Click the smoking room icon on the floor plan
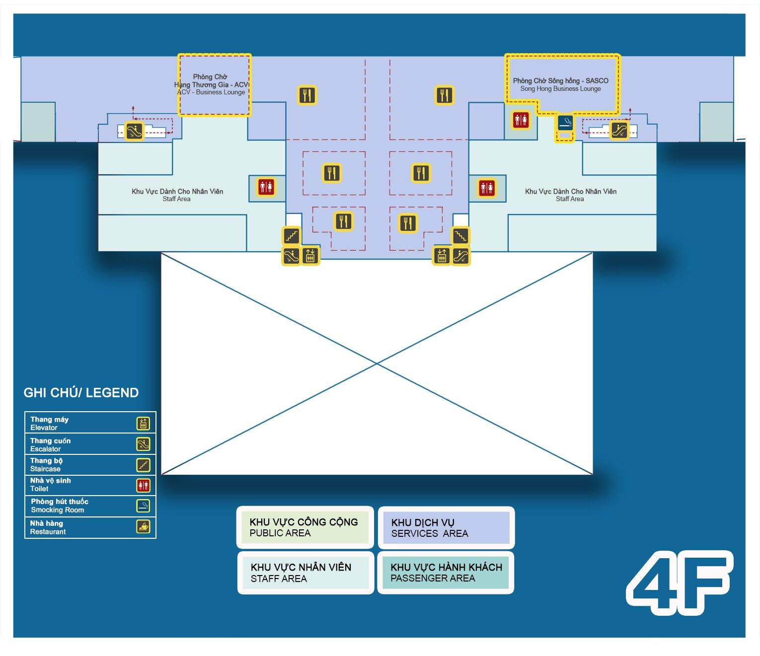tap(565, 122)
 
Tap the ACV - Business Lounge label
tap(211, 92)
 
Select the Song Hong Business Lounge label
tap(560, 89)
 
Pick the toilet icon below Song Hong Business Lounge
tap(521, 120)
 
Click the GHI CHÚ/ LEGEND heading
tap(81, 392)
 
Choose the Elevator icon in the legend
tap(143, 424)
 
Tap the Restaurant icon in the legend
tap(143, 527)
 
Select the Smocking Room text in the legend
tap(57, 510)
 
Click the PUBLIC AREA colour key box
tap(305, 527)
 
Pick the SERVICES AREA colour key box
tap(446, 527)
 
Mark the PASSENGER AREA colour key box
tap(446, 573)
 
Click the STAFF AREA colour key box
tap(305, 573)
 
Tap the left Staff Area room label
tap(177, 195)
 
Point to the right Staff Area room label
tap(571, 195)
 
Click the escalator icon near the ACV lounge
tap(134, 131)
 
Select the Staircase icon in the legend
tap(143, 465)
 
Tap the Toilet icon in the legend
tap(143, 486)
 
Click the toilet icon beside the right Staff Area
tap(487, 188)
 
